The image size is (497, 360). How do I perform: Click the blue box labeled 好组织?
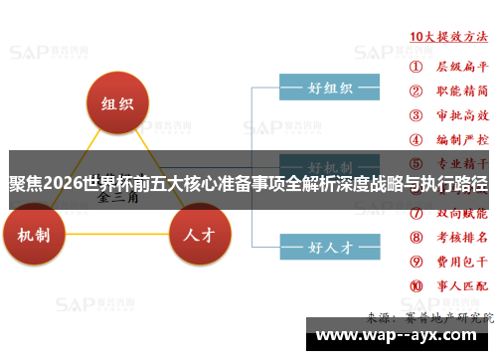[329, 88]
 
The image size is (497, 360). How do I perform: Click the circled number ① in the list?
[415, 67]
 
